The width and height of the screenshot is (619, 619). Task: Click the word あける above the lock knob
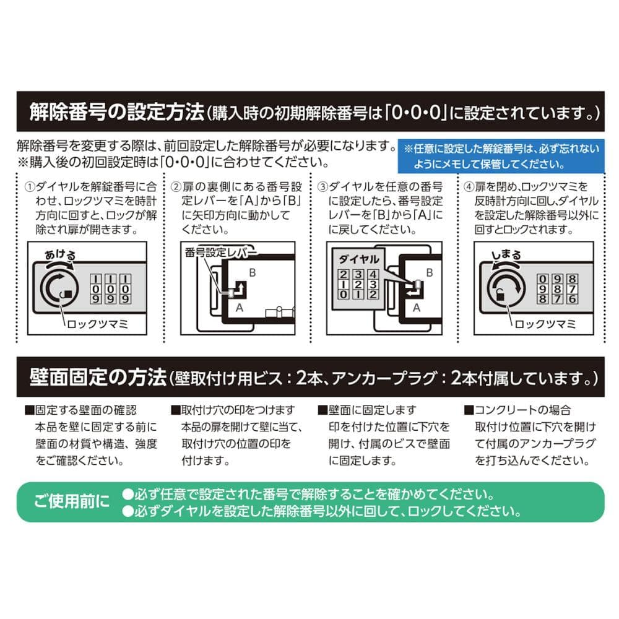pos(60,254)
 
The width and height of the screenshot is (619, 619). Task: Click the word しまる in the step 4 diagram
pos(506,255)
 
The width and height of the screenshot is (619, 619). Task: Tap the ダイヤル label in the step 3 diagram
pos(359,259)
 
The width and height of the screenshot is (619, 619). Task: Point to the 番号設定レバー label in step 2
pos(220,253)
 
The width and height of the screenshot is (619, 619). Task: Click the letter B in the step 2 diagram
pos(253,273)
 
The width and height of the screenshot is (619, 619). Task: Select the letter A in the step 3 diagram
pos(416,308)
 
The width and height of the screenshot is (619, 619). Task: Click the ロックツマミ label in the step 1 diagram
pos(98,324)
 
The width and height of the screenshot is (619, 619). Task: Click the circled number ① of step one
pos(30,187)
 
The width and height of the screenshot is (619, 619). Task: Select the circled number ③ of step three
pos(322,187)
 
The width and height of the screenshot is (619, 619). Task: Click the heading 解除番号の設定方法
pos(117,111)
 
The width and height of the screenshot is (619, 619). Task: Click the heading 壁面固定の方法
pos(98,378)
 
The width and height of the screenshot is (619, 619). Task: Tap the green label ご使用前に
pos(71,501)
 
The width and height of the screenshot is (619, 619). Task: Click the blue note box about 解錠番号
pos(501,156)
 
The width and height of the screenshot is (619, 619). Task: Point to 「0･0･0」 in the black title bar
pos(416,113)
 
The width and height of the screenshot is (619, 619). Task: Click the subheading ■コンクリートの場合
pos(517,410)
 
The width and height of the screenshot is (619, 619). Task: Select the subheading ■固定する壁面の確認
pos(80,410)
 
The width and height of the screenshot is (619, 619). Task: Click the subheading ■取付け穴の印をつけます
pos(233,410)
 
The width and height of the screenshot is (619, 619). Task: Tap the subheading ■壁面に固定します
pos(367,410)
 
